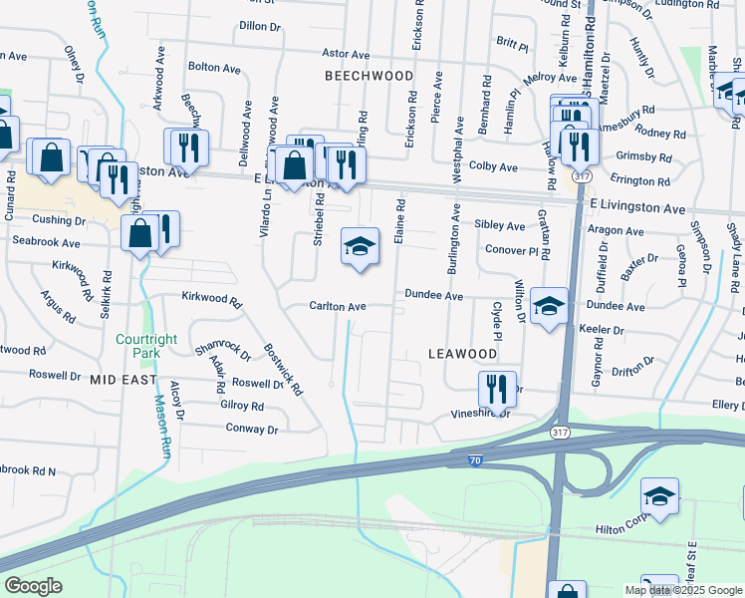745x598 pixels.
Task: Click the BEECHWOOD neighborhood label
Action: (369, 76)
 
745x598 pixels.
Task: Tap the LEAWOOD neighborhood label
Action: (462, 354)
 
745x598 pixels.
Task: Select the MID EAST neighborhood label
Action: (124, 380)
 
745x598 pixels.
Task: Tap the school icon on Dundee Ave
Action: (548, 307)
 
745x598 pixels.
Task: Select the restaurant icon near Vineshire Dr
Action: (497, 390)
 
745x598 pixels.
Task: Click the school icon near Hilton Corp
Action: (659, 497)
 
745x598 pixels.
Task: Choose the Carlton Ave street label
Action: (338, 307)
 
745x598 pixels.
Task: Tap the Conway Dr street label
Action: (252, 430)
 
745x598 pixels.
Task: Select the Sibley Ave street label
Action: (499, 226)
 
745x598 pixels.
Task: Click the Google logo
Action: (33, 586)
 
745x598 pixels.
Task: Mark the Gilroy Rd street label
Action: (242, 406)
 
